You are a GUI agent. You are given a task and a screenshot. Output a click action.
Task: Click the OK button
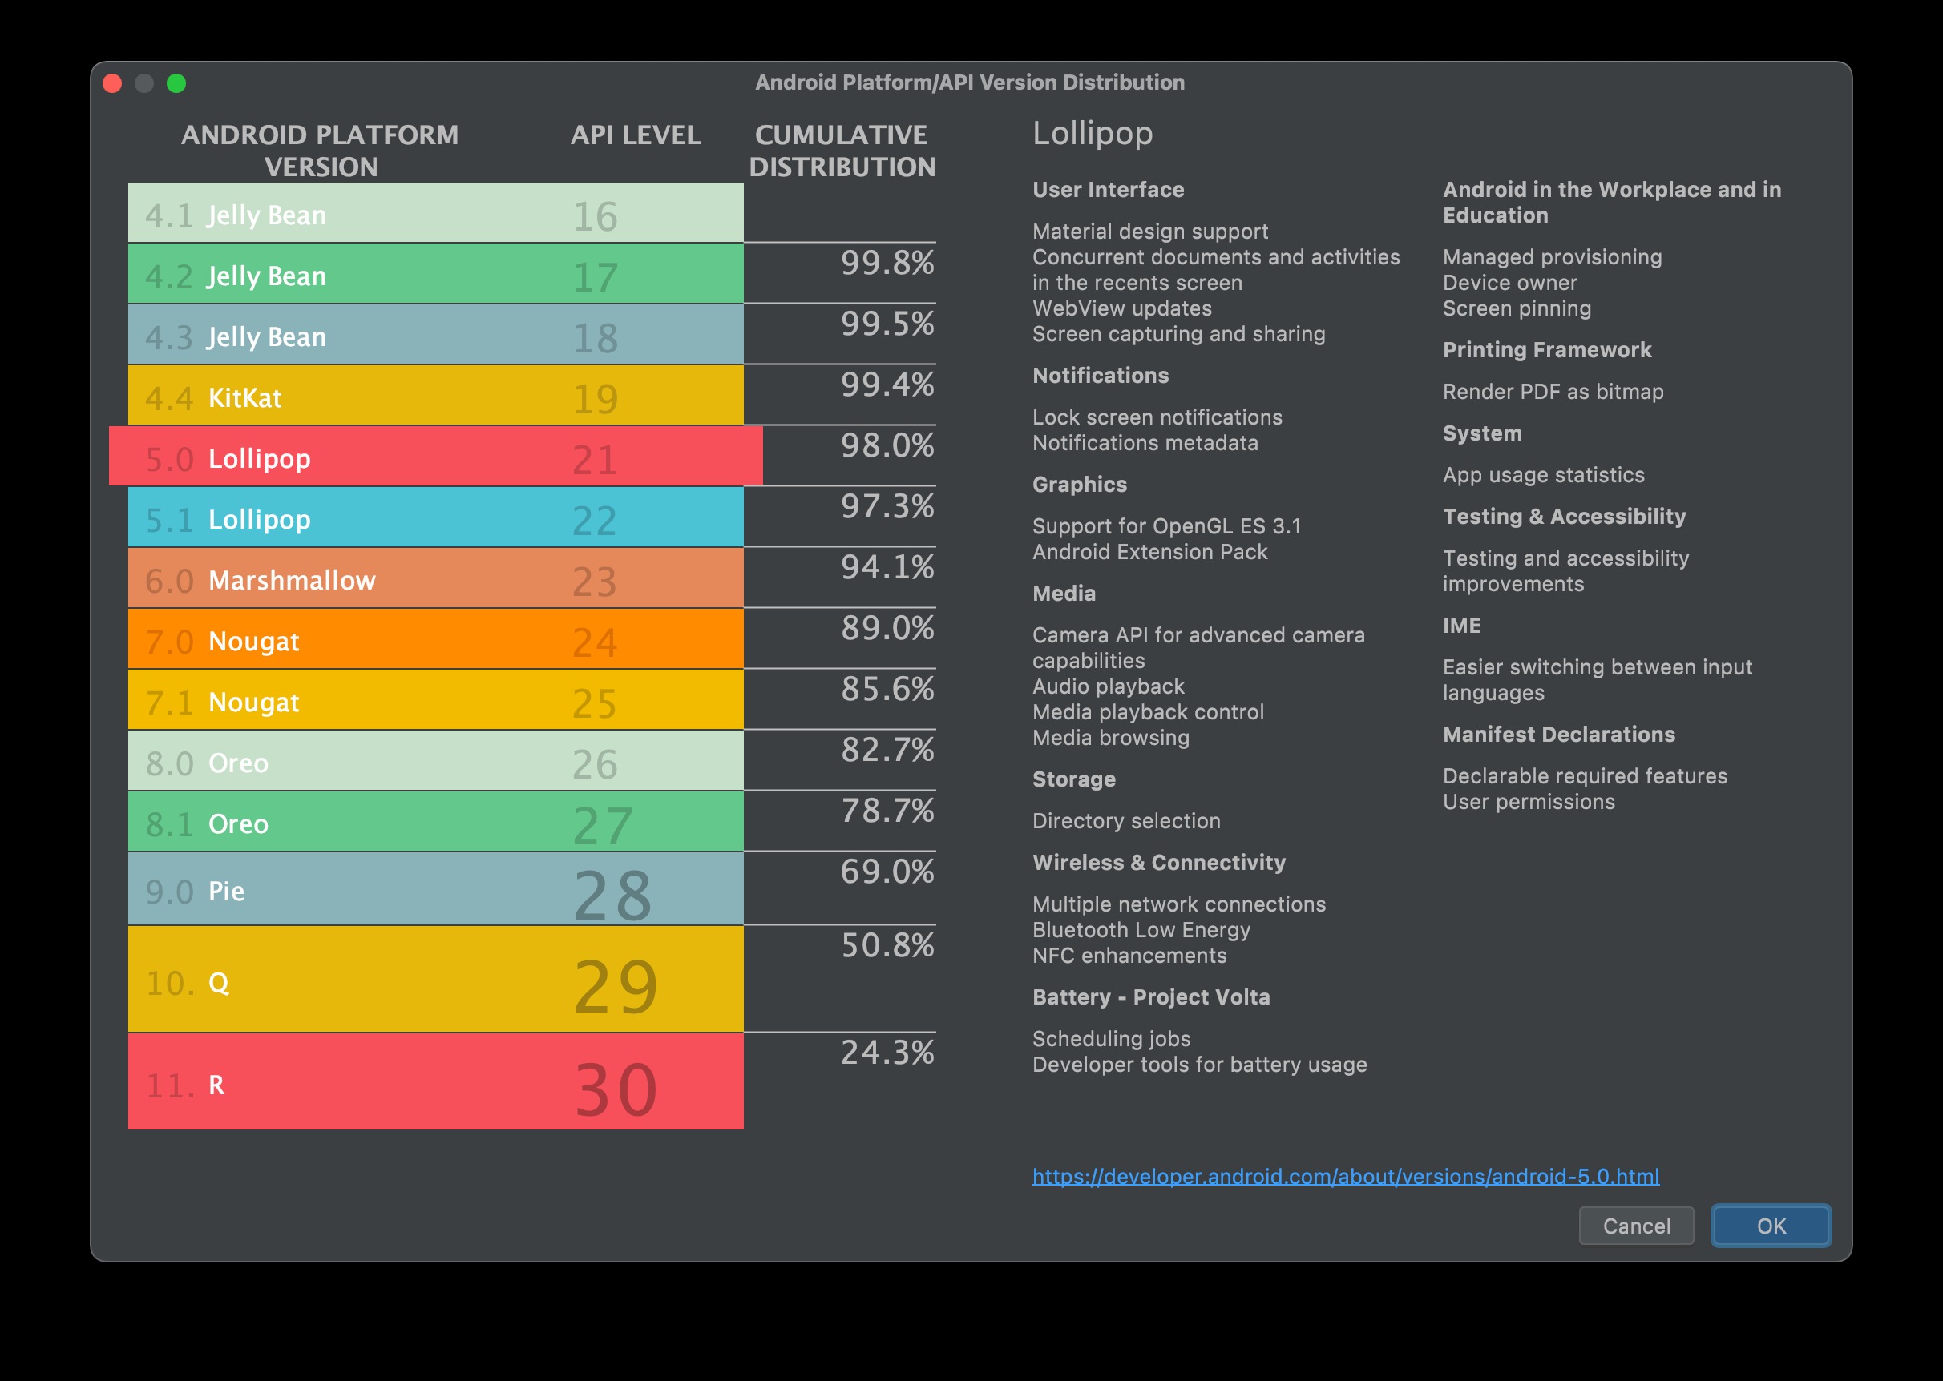click(1771, 1226)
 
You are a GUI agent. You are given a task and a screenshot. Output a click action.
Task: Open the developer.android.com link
click(1345, 1176)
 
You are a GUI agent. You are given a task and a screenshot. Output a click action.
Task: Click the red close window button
click(112, 83)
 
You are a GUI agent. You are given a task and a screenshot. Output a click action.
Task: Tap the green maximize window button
click(176, 83)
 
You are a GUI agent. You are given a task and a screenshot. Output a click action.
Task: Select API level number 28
click(612, 895)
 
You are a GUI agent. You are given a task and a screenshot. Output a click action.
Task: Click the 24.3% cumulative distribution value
click(887, 1053)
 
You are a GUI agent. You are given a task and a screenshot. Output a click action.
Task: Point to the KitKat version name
click(245, 398)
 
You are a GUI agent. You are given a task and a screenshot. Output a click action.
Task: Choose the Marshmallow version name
click(292, 581)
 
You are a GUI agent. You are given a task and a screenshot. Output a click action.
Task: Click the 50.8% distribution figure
click(887, 945)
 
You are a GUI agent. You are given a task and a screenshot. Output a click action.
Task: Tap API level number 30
click(616, 1089)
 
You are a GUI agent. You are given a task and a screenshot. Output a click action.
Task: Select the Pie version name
click(226, 892)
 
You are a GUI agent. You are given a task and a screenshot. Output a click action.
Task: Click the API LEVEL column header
click(636, 135)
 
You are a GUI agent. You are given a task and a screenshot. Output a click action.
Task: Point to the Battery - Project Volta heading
click(1151, 997)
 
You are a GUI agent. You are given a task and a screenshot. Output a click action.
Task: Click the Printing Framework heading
click(1546, 350)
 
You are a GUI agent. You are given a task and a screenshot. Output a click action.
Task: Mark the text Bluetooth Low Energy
click(1141, 930)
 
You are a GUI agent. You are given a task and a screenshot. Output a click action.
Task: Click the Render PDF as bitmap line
click(1553, 392)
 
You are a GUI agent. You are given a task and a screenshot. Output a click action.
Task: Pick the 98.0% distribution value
click(887, 445)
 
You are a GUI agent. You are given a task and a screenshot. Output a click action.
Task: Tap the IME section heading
click(1461, 626)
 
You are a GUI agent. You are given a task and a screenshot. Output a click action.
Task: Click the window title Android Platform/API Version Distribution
click(970, 83)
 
